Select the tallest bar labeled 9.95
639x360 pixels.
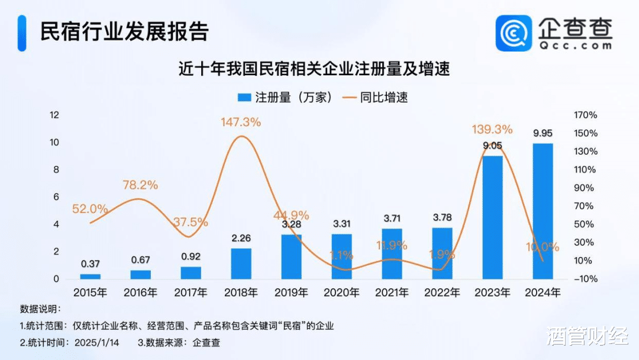tap(543, 211)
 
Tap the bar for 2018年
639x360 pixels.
tap(241, 263)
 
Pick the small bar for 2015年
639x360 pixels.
tap(90, 276)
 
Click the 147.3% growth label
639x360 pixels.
tap(241, 122)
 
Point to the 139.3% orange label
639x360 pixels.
tap(492, 129)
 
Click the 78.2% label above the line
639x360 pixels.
tap(140, 185)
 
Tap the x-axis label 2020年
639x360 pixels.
tap(341, 292)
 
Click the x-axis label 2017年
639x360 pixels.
tap(191, 292)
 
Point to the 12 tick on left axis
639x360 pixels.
tap(54, 115)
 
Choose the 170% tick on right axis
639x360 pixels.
tap(585, 115)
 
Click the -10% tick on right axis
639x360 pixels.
tap(585, 279)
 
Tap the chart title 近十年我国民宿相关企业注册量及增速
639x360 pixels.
tap(315, 69)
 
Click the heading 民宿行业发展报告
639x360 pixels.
tap(124, 31)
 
